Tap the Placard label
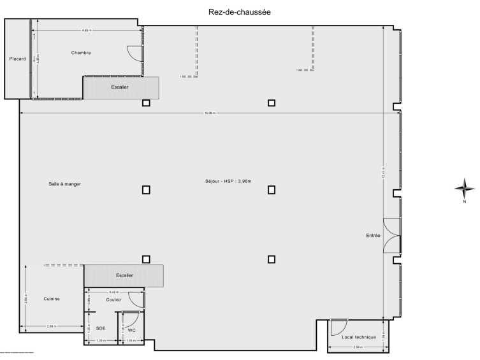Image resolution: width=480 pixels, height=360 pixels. [x=17, y=59]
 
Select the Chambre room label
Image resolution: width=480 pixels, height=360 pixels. [x=81, y=53]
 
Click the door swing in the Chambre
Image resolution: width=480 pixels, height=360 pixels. [x=133, y=54]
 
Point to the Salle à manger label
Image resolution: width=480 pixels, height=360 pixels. [x=64, y=184]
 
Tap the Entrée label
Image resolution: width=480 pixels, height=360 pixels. [x=373, y=236]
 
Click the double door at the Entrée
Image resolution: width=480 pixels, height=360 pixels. [x=391, y=236]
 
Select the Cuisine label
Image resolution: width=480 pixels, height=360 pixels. [x=52, y=299]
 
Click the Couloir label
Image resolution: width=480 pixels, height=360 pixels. [x=114, y=299]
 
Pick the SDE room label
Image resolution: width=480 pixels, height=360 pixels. [x=101, y=329]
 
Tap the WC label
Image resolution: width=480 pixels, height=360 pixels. [x=131, y=330]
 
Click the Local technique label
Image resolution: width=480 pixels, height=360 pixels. [x=359, y=337]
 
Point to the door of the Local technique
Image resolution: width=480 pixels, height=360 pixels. [x=338, y=327]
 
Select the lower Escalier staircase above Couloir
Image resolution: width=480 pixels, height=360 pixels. [x=124, y=276]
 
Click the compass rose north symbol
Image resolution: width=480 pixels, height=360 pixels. [x=464, y=188]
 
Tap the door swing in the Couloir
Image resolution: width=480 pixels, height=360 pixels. [x=136, y=299]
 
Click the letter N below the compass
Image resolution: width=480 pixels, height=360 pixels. [x=465, y=203]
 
